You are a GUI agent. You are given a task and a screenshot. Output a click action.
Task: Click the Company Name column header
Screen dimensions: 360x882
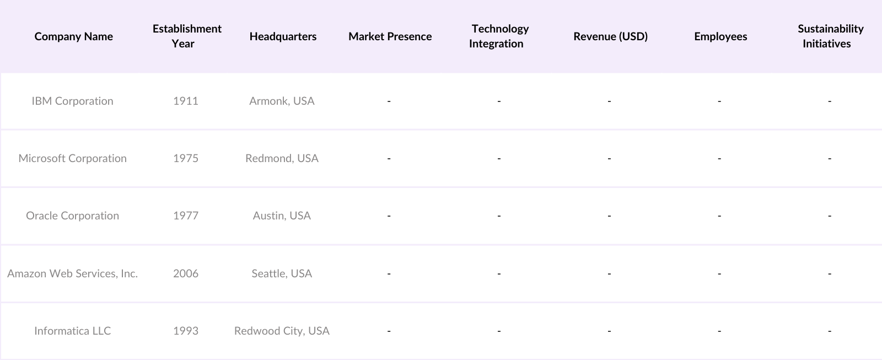click(x=73, y=36)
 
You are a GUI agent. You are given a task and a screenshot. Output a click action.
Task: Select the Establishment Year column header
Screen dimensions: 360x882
click(x=187, y=36)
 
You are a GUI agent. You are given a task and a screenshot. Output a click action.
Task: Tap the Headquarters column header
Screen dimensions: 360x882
click(x=283, y=36)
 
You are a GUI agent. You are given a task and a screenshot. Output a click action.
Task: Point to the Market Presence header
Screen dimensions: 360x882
click(x=390, y=36)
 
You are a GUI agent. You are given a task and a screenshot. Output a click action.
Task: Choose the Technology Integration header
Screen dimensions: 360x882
click(x=499, y=36)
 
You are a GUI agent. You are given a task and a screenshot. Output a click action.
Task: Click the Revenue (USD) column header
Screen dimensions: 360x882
click(x=610, y=36)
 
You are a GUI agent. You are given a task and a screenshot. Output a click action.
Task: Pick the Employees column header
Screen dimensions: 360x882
click(x=720, y=36)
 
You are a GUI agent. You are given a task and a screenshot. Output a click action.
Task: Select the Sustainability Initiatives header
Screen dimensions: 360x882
click(x=830, y=36)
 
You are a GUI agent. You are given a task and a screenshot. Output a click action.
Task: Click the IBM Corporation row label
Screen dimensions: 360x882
click(x=72, y=101)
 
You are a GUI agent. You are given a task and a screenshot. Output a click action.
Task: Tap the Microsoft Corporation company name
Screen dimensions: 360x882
click(x=72, y=158)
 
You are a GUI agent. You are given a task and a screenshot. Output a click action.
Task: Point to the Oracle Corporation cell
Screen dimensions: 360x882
click(x=72, y=216)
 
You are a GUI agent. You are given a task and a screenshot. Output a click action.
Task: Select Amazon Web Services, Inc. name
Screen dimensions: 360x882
click(x=72, y=273)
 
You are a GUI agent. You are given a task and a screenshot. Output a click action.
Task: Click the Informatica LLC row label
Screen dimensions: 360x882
click(x=72, y=331)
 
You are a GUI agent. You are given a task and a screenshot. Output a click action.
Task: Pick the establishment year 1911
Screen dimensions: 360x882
click(x=186, y=101)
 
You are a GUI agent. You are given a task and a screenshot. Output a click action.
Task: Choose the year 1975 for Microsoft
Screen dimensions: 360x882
click(x=186, y=158)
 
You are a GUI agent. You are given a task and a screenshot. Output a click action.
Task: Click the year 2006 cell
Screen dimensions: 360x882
click(x=186, y=273)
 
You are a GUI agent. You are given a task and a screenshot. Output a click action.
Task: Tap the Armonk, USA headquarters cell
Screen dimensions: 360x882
click(x=282, y=101)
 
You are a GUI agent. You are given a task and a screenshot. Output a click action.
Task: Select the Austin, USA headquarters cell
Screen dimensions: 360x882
click(x=282, y=216)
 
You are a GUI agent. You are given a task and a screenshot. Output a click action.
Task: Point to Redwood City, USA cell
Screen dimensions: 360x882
click(x=282, y=331)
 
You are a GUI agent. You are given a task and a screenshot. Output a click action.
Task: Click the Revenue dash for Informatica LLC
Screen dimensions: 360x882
click(x=609, y=331)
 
